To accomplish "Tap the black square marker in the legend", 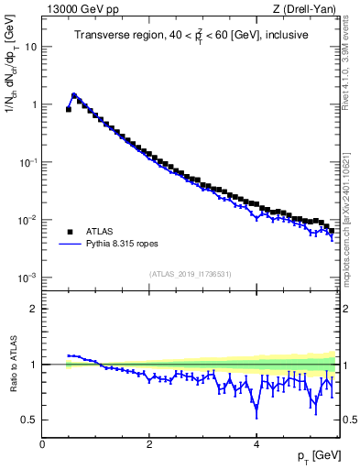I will tap(70, 232).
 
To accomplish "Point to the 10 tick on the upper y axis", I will tap(31, 46).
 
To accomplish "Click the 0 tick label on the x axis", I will tap(42, 444).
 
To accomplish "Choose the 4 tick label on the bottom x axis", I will tap(256, 444).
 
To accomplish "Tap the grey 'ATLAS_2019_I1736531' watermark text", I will tap(190, 275).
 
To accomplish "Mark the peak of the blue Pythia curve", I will tap(74, 94).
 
